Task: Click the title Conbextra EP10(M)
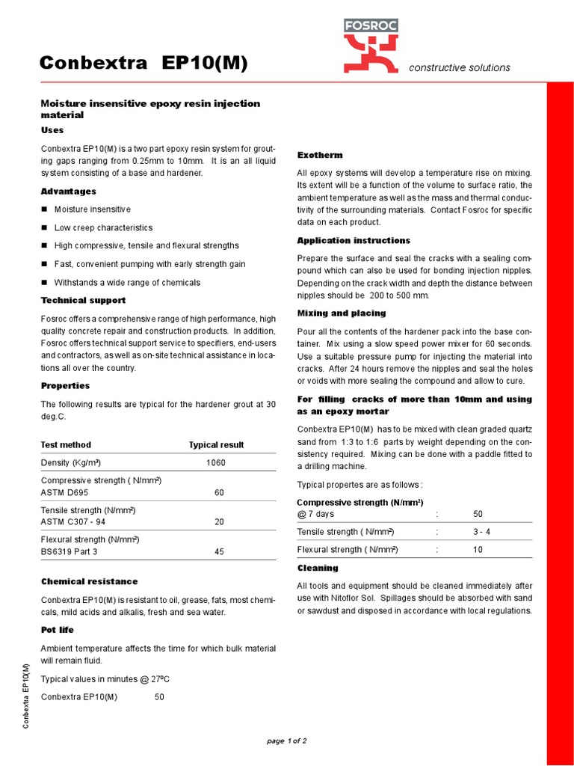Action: coord(143,65)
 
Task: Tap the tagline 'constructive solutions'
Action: coord(459,67)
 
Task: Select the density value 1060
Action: coord(216,463)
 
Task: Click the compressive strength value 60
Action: coord(219,493)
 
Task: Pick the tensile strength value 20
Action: coord(219,522)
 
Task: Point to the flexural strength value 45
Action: coord(219,552)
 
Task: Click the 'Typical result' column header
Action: coord(216,444)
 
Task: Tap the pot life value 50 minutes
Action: coord(159,697)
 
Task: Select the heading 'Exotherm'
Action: coord(320,155)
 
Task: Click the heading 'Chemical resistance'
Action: coord(89,581)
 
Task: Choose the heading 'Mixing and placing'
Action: coord(342,313)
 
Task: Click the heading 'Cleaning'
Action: coord(318,568)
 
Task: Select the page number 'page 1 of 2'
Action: coord(287,741)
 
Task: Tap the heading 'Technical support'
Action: coord(83,300)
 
